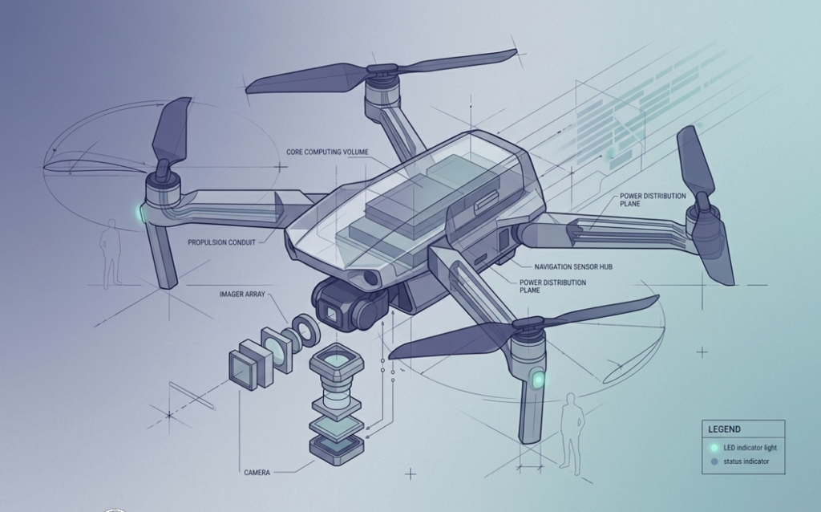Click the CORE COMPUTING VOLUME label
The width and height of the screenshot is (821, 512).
[327, 152]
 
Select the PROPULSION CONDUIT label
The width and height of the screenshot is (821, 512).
[221, 242]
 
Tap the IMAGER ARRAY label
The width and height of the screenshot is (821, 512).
[242, 295]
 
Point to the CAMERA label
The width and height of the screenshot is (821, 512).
[257, 473]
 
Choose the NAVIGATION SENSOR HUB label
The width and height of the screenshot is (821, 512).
[573, 266]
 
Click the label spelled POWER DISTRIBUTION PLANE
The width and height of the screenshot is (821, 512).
[653, 200]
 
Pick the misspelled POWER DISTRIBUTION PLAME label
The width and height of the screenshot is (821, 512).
[552, 286]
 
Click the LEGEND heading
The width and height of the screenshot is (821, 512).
[724, 429]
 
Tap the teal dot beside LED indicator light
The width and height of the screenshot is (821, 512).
[714, 448]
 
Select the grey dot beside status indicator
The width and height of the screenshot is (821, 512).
[714, 461]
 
